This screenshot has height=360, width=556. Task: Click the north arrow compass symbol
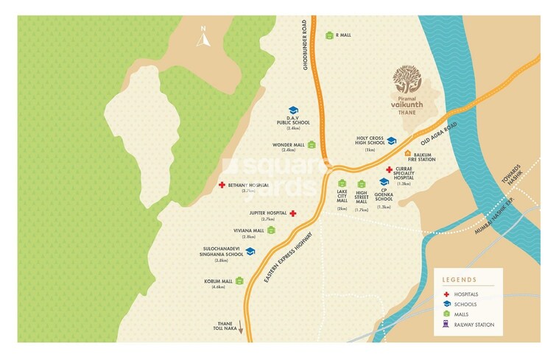(x=203, y=37)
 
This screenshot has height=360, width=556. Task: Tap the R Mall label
(x=344, y=35)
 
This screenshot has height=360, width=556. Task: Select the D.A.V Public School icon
(x=293, y=111)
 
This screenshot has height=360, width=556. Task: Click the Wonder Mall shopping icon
(x=312, y=145)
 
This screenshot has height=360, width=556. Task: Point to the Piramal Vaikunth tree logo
(x=407, y=80)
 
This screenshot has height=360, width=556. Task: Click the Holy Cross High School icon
(x=393, y=140)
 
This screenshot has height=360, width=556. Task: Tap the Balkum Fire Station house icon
(x=407, y=154)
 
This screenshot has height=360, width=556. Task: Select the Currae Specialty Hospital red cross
(x=390, y=169)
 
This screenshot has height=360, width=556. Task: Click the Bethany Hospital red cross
(x=222, y=185)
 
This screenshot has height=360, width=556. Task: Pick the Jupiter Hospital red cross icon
(x=293, y=213)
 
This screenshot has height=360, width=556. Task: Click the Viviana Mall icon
(x=271, y=230)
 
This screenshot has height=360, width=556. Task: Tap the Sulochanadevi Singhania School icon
(x=250, y=252)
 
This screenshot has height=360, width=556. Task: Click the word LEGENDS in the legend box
(x=459, y=280)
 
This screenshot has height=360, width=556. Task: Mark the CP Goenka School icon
(x=384, y=181)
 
